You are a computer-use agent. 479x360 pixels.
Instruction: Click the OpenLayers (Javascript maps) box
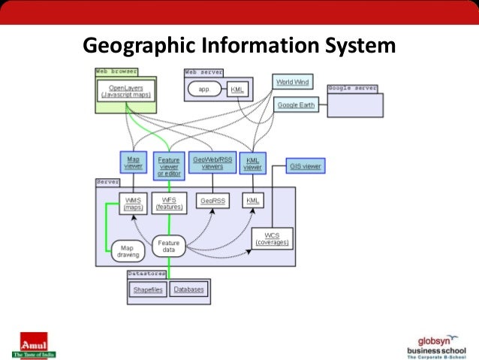(x=126, y=92)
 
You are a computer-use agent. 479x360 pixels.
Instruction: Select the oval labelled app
(x=203, y=89)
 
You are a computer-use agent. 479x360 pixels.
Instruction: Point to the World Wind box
(x=292, y=82)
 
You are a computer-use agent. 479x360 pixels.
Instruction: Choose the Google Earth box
(x=296, y=105)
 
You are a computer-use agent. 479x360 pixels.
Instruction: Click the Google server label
(x=352, y=88)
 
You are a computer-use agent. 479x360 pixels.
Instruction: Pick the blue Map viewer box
(x=133, y=162)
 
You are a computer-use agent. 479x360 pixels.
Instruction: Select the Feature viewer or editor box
(x=168, y=166)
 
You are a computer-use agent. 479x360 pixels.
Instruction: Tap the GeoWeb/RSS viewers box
(x=212, y=162)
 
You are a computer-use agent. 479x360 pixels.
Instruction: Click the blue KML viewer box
(x=252, y=163)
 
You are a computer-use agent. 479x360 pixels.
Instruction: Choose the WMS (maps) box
(x=133, y=204)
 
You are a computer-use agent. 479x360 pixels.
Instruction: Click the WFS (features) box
(x=169, y=204)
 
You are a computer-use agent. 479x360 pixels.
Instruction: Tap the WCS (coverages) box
(x=273, y=238)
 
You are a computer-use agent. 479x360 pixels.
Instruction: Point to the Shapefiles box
(x=147, y=289)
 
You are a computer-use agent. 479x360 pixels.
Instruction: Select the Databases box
(x=188, y=289)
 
